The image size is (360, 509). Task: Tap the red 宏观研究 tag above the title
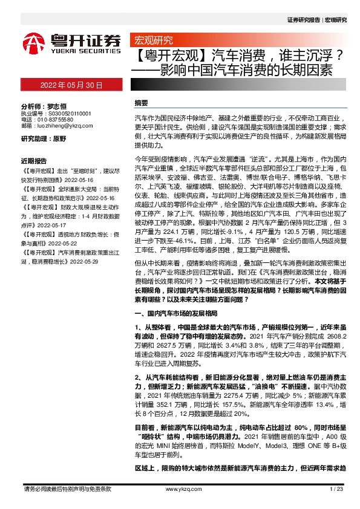point(153,41)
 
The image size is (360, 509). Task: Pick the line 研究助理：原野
point(44,138)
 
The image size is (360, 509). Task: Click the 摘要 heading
point(141,103)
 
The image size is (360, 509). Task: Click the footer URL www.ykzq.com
point(179,488)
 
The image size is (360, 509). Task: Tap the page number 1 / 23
point(337,488)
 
